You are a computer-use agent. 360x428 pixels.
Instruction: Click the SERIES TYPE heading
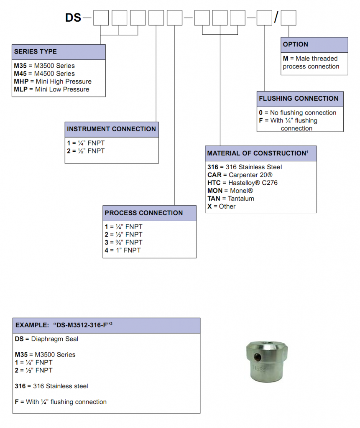click(36, 52)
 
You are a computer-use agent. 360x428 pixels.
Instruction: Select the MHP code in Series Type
click(20, 82)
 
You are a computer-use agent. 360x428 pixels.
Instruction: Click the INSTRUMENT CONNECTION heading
click(111, 129)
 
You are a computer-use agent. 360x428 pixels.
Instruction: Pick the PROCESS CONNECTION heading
click(143, 213)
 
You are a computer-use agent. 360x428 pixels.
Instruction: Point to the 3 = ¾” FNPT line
click(123, 242)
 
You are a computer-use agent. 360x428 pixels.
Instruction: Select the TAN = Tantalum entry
click(230, 199)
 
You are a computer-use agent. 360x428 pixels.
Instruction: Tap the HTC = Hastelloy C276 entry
click(242, 183)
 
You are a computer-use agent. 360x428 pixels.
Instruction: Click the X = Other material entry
click(221, 206)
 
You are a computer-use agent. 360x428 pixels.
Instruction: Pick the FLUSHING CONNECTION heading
click(299, 99)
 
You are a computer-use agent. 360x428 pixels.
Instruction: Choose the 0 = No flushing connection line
click(297, 113)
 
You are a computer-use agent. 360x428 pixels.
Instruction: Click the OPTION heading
click(295, 44)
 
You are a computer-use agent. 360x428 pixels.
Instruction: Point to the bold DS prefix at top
click(73, 18)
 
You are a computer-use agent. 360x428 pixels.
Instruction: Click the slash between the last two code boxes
click(276, 18)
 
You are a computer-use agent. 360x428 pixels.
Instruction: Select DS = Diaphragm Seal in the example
click(46, 339)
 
